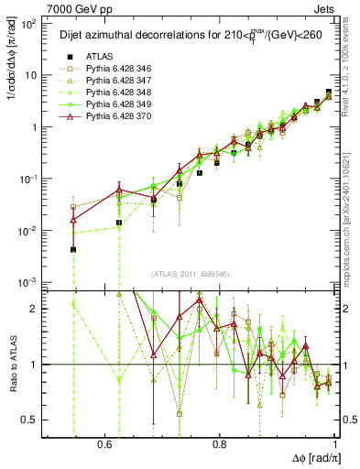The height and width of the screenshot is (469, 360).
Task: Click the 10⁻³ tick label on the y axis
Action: coord(27,282)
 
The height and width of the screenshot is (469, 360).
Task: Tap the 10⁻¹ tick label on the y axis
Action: coord(27,179)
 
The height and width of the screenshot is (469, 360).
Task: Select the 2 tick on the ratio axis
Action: coord(35,309)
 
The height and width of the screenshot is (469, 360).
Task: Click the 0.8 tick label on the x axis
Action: coord(220,443)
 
